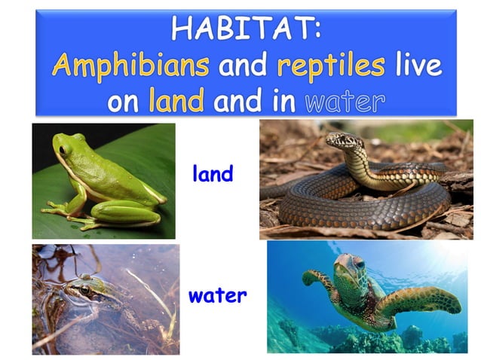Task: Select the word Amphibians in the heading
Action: coord(130,66)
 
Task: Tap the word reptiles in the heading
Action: coord(331,66)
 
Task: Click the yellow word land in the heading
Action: coord(176,100)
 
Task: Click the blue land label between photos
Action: coord(213,175)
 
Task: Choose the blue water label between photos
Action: coord(218,295)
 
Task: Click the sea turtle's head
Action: coord(348,267)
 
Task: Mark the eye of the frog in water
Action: coord(84,289)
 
